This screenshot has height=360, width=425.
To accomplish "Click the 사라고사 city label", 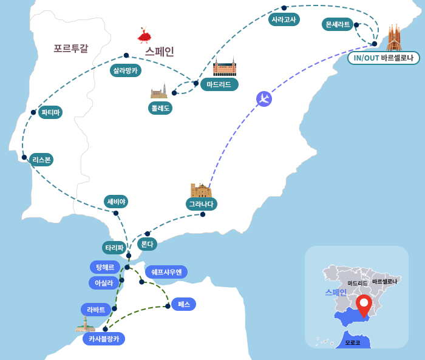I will pos(284,19).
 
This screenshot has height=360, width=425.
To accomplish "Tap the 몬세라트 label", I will pos(338,24).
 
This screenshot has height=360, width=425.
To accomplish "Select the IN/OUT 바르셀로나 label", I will pos(384,58).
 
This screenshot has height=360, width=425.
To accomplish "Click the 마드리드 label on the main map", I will pos(219,84).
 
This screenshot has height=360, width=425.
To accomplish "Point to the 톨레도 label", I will pos(160,108).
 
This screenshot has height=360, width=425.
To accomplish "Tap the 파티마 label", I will pos(50,112).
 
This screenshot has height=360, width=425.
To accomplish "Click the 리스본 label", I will pos(41,160).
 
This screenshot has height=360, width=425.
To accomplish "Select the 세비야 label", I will pos(116,202).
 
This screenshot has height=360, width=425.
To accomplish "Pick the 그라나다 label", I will pos(202,204).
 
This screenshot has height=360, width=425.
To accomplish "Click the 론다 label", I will pos(146,244).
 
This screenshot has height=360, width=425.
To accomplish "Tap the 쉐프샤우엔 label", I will pos(166,272).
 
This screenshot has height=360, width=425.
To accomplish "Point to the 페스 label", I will pos(183,304).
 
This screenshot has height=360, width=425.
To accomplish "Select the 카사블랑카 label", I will pos(104,339).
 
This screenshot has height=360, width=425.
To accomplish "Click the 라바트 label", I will pos(96,310).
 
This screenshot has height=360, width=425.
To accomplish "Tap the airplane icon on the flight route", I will pos(263,98).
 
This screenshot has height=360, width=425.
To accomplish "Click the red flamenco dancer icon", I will pos(144,35).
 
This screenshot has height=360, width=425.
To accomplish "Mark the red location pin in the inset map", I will pos(364,305).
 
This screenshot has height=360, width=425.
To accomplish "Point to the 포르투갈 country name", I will pos(70,49).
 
